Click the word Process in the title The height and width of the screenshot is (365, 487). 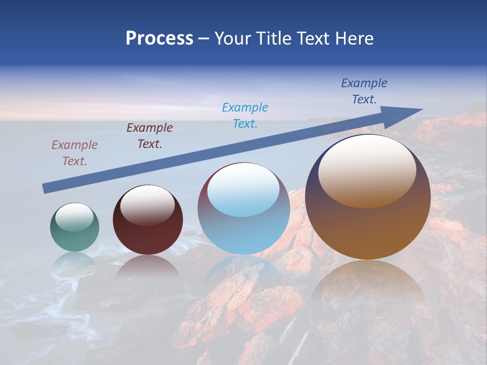(159, 39)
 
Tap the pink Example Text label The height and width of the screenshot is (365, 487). (75, 153)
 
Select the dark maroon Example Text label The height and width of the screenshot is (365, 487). (150, 136)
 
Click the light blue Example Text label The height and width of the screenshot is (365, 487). (245, 115)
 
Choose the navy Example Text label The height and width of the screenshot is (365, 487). (364, 91)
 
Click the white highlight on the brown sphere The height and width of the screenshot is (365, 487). (367, 170)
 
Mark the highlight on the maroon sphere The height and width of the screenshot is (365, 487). (147, 204)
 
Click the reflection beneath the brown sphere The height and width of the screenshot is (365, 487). (368, 284)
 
